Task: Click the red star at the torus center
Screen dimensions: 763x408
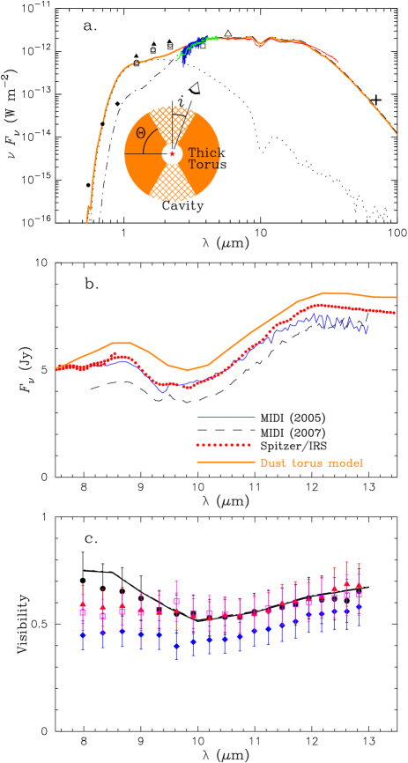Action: coord(173,154)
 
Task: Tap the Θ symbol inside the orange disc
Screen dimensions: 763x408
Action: coord(141,133)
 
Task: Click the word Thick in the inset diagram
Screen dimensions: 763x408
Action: coord(204,152)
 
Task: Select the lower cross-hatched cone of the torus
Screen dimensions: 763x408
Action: coord(172,186)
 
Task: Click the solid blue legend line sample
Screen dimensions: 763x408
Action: coord(226,416)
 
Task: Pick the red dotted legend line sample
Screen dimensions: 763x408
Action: coord(224,445)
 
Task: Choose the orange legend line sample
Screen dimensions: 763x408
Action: coord(226,463)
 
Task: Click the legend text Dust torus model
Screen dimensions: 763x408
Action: coord(310,463)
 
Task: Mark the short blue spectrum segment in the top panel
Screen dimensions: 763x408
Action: coord(185,58)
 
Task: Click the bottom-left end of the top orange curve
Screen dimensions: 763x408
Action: coord(86,222)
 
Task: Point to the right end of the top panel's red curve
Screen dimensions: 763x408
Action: coord(338,61)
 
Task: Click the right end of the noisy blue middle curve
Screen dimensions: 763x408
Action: coord(367,326)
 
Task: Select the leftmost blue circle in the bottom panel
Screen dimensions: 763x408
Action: coord(83,633)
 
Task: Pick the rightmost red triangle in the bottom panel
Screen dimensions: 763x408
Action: coord(359,584)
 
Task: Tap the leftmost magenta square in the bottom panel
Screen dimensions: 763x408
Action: coord(83,611)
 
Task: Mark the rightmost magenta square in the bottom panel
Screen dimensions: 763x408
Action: coord(359,596)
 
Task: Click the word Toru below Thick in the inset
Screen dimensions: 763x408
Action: coord(204,165)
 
